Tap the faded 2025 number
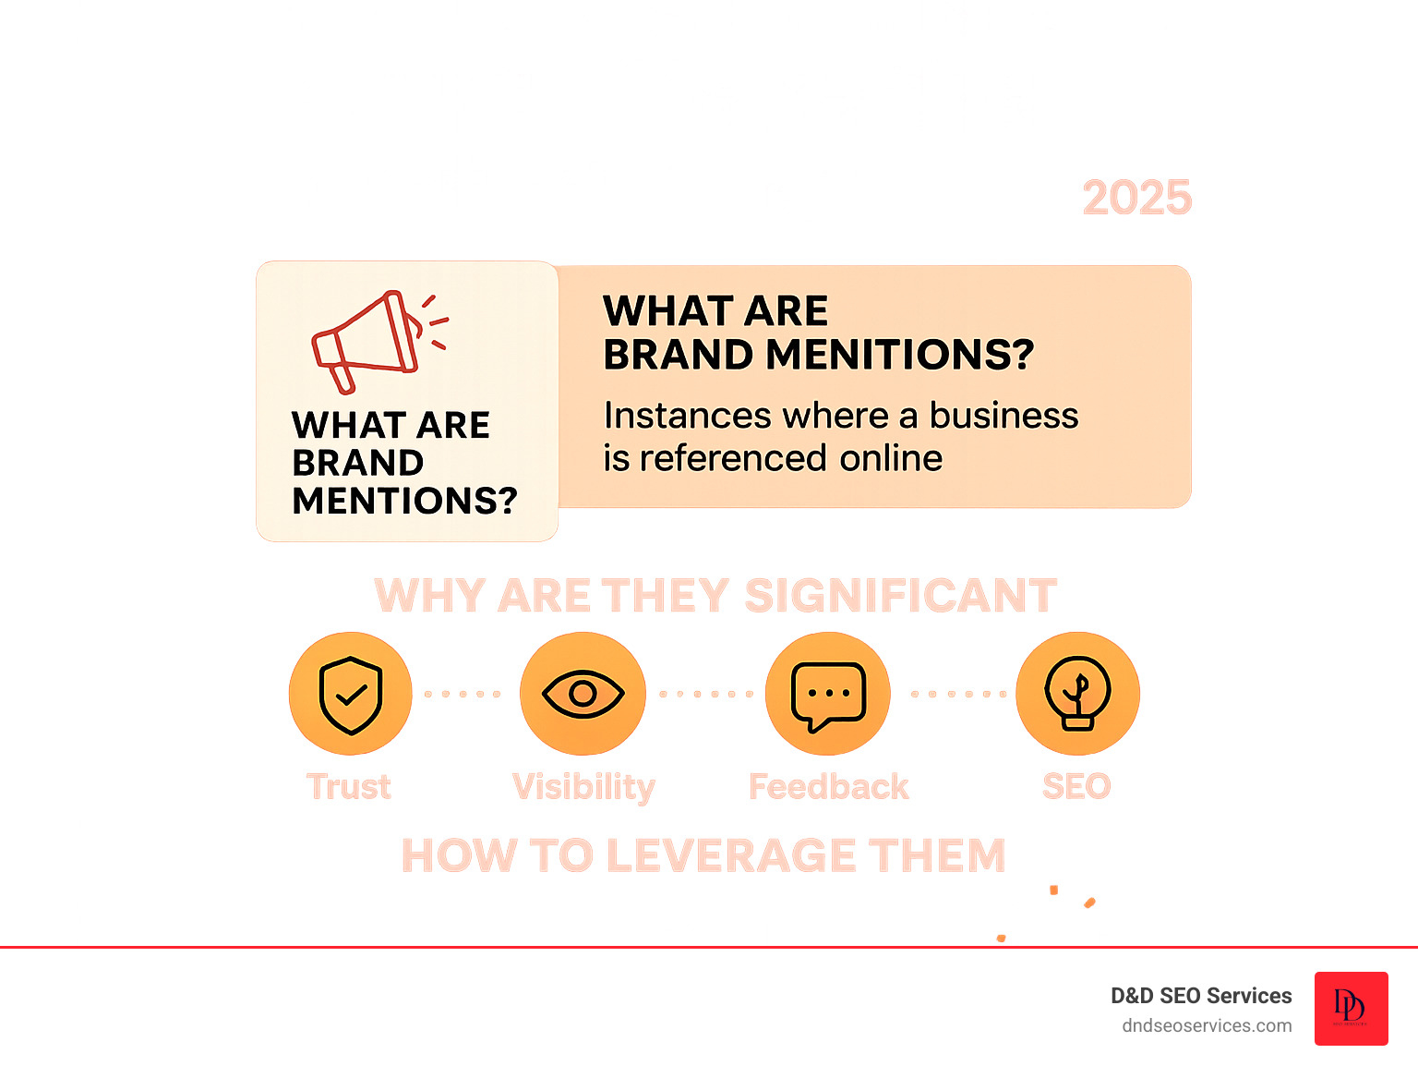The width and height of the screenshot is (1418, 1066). (1136, 198)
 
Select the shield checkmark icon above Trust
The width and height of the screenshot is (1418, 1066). (350, 694)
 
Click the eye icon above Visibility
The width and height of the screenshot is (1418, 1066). (583, 694)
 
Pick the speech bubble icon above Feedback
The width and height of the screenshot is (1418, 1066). (828, 694)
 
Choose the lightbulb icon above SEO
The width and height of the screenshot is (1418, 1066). (1077, 694)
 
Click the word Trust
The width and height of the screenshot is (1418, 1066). (349, 787)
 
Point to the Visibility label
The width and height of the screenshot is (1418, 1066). (583, 787)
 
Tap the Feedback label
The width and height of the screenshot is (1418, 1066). (828, 787)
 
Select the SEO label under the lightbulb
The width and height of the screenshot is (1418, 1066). (1076, 787)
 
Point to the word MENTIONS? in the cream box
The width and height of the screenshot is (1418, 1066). (404, 501)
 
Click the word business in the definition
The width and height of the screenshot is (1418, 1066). (1003, 416)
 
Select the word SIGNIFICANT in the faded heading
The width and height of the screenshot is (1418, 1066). (900, 596)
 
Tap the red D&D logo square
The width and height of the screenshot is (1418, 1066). (1351, 1008)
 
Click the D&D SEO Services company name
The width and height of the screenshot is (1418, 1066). (1201, 996)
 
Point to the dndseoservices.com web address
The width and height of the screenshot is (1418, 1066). (1207, 1025)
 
